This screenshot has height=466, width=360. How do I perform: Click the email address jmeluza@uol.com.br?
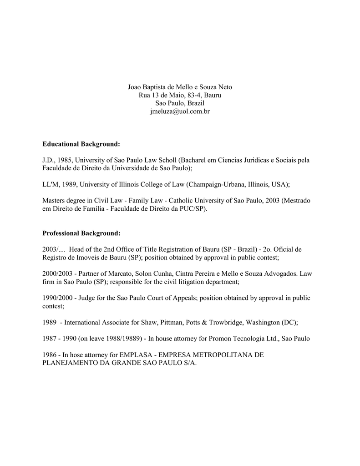click(x=180, y=111)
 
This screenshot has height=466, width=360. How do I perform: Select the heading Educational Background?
click(x=81, y=144)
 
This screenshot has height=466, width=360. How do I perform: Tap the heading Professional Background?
click(x=81, y=233)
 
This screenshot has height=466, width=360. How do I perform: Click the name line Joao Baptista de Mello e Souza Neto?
click(x=180, y=87)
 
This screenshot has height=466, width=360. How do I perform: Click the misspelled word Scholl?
click(x=166, y=160)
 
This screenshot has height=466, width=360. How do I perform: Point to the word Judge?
click(x=89, y=298)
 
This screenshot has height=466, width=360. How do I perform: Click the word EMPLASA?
click(x=134, y=355)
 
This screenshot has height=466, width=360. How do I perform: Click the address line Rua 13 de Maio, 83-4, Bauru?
click(x=180, y=95)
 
